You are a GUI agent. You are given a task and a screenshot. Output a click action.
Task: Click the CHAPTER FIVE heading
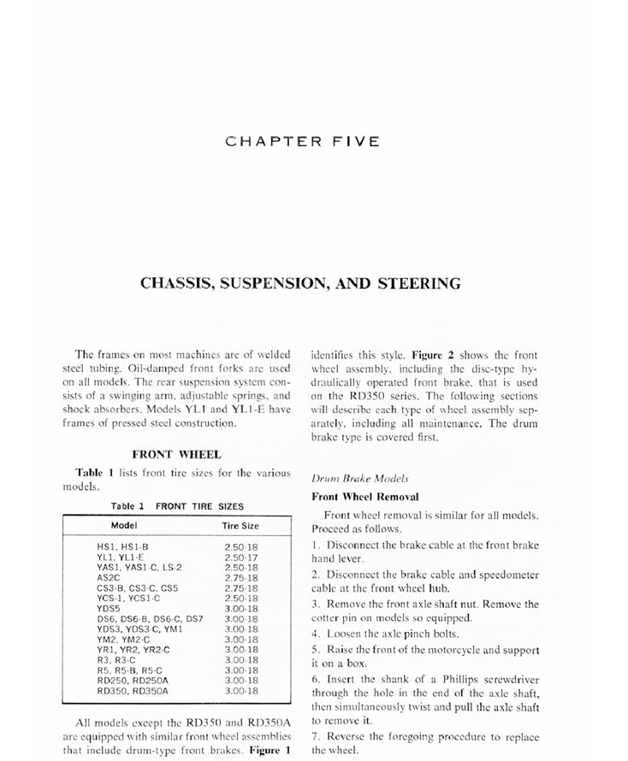[x=302, y=141]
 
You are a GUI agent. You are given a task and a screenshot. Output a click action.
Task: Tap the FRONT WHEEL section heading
[x=176, y=455]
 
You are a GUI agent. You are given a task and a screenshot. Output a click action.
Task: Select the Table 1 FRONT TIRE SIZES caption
[x=177, y=506]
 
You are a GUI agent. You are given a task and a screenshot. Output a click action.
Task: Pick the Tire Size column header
[x=240, y=525]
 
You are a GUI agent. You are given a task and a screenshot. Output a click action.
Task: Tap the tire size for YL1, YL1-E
[x=240, y=556]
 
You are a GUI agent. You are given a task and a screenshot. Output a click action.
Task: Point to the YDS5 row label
[x=110, y=608]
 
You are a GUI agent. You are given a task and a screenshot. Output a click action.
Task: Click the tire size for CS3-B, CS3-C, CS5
[x=240, y=587]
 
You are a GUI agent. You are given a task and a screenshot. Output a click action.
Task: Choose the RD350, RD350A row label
[x=133, y=689]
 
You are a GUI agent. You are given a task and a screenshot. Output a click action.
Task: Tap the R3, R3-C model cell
[x=117, y=659]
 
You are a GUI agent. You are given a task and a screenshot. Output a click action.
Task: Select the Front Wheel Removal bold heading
[x=364, y=497]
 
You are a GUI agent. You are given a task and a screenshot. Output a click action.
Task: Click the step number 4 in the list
[x=315, y=634]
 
